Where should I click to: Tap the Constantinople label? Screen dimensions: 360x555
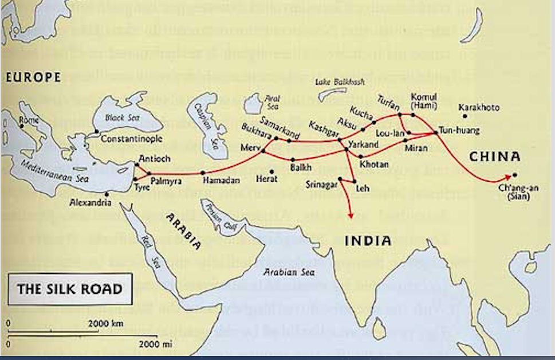click(131, 139)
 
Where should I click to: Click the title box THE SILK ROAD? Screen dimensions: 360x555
click(70, 288)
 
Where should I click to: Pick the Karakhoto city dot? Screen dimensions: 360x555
click(465, 116)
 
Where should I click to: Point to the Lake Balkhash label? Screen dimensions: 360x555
click(336, 82)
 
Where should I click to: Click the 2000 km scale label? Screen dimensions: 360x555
click(106, 324)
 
